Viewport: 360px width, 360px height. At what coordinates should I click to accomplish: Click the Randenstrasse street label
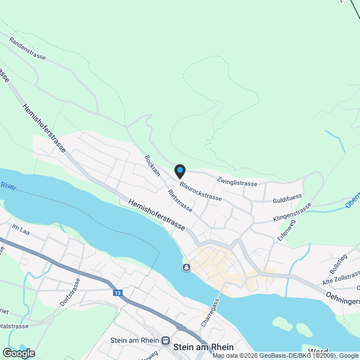pos(26,49)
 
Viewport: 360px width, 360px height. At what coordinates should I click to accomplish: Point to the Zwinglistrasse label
pos(237,182)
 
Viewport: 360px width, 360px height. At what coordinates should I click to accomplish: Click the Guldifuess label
pos(287,199)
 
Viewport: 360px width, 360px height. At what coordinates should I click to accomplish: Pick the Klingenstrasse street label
pos(291,213)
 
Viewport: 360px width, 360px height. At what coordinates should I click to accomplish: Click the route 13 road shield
pos(117,293)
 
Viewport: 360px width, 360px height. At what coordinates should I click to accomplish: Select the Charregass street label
pos(209,313)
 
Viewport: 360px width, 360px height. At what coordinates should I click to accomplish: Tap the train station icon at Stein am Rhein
pos(165,340)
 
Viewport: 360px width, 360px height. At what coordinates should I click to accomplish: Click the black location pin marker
pos(179,170)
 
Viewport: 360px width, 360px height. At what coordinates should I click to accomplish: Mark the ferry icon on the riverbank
pos(186,267)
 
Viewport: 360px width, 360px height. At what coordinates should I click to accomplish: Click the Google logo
pos(19,353)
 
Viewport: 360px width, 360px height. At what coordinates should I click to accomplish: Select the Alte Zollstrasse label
pos(341,277)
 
